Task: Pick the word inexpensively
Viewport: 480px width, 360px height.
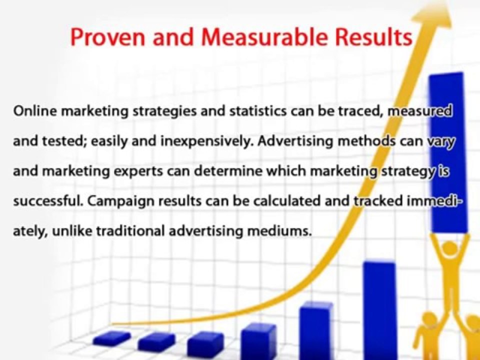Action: (x=206, y=141)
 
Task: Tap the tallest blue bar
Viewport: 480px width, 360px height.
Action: (x=447, y=150)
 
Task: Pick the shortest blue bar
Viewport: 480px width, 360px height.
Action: (x=111, y=338)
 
